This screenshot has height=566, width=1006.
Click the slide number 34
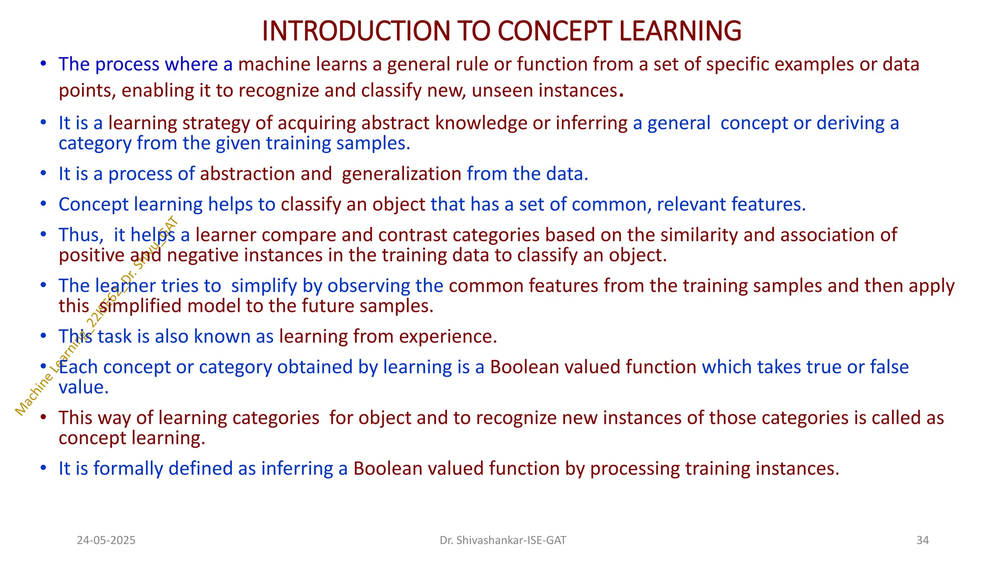click(x=922, y=540)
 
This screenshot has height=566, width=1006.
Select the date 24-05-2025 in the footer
click(x=106, y=540)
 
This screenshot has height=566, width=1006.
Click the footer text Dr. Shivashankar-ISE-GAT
click(x=503, y=540)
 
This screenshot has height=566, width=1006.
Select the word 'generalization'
click(x=401, y=174)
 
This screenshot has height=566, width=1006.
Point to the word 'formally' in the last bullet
click(x=128, y=469)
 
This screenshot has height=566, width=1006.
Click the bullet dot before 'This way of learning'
click(x=43, y=418)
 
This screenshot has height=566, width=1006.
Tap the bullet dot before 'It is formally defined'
click(x=43, y=468)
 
